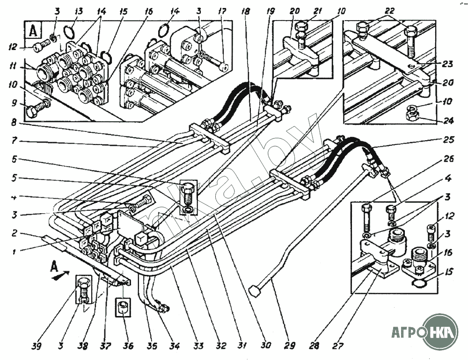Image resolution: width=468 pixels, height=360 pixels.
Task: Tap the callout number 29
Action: [x=290, y=346]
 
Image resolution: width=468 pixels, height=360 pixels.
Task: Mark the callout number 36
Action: [x=127, y=346]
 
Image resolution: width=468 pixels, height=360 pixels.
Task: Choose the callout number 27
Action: [x=337, y=346]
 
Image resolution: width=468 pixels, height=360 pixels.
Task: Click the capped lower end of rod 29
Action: [x=255, y=291]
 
